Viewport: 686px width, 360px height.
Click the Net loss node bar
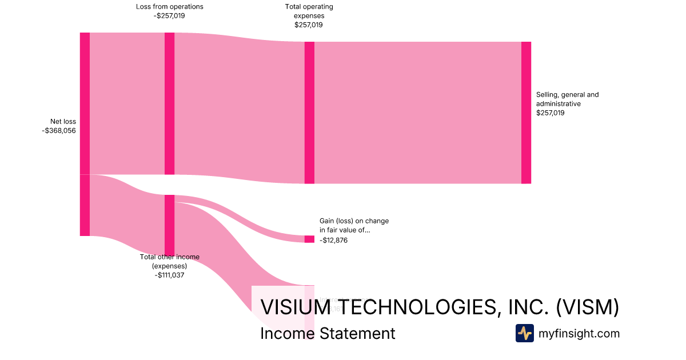click(85, 134)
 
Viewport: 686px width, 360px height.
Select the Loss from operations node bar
click(169, 103)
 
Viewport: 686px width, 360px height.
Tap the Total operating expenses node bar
click(309, 113)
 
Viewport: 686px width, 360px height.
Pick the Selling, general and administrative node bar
click(526, 113)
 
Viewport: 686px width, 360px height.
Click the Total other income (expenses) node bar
click(169, 225)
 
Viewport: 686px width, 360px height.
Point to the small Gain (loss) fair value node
click(309, 239)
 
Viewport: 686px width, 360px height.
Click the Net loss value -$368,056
click(59, 131)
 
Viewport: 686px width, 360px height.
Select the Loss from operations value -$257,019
click(169, 16)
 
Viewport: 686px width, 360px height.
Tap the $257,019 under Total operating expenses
click(309, 25)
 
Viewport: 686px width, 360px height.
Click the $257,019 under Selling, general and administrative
click(551, 113)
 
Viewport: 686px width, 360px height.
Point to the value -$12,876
click(334, 241)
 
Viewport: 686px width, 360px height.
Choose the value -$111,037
click(169, 275)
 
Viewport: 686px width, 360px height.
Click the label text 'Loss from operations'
click(169, 7)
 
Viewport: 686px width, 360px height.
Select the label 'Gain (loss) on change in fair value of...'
click(354, 225)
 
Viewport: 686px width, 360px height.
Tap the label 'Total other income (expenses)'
click(170, 262)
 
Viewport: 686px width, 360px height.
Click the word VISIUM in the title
click(296, 307)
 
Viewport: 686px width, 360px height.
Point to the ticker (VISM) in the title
click(588, 307)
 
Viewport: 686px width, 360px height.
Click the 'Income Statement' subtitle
click(328, 333)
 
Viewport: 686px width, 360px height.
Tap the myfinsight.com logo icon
click(524, 333)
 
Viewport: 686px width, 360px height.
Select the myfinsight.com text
click(579, 334)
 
